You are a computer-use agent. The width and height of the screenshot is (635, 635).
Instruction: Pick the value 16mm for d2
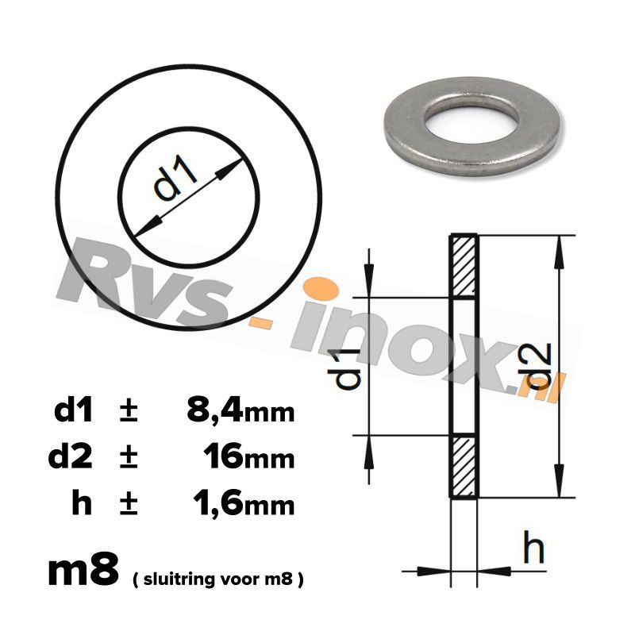point(248,457)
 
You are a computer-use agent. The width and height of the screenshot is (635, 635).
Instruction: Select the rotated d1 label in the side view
point(346,368)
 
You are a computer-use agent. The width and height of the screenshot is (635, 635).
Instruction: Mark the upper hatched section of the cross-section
point(464,266)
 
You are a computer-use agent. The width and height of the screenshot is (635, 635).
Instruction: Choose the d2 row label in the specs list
point(71,457)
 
